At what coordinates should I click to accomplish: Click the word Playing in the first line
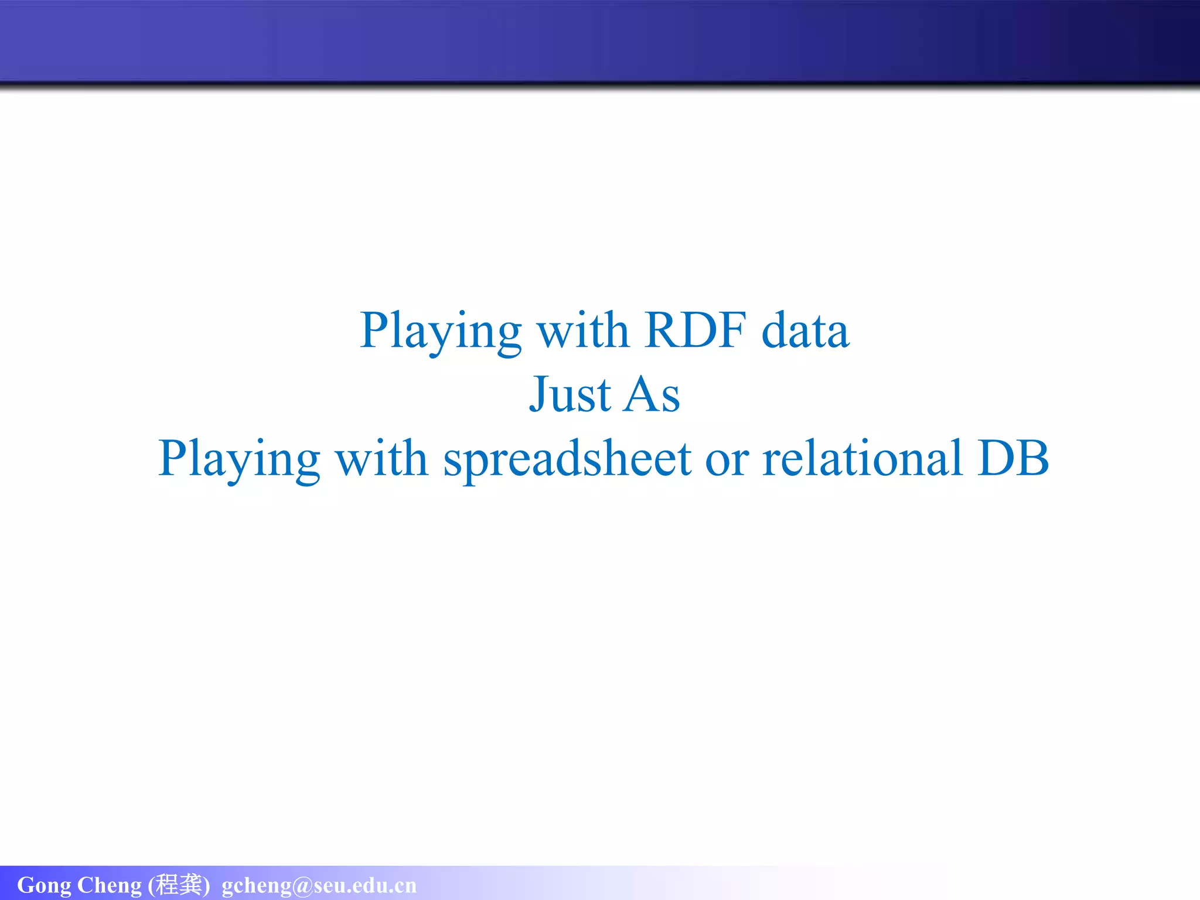(x=440, y=332)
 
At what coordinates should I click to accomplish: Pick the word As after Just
(x=651, y=394)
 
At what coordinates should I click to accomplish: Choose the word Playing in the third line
(x=239, y=459)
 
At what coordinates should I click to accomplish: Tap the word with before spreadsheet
(x=381, y=458)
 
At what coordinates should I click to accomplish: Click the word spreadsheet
(x=567, y=459)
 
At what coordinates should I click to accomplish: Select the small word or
(x=727, y=459)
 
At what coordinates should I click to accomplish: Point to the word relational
(x=862, y=458)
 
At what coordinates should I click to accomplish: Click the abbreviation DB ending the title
(x=1013, y=458)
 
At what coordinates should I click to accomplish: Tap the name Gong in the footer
(x=44, y=885)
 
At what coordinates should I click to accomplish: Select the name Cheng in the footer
(x=110, y=885)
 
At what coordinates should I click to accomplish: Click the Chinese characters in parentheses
(x=179, y=884)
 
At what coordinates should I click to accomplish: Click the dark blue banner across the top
(x=600, y=41)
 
